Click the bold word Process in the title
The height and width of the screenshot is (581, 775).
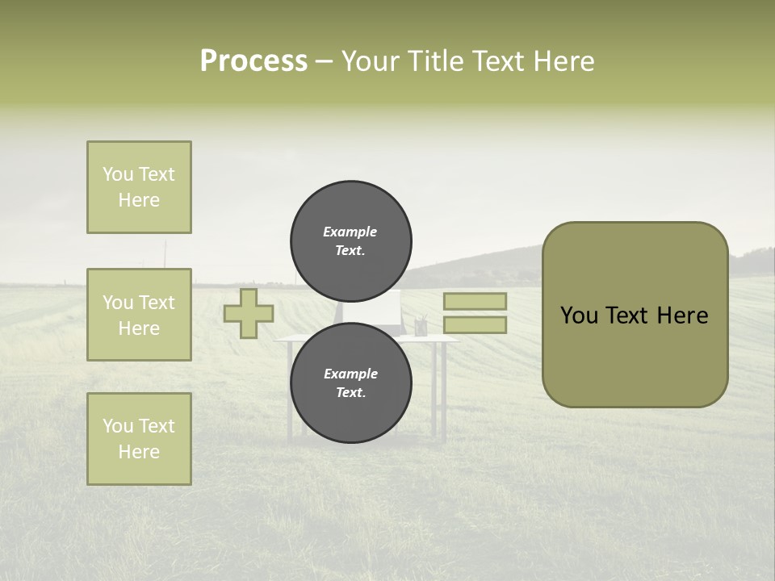(253, 61)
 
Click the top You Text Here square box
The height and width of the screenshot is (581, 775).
(139, 187)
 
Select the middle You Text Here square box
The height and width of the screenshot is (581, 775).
(139, 315)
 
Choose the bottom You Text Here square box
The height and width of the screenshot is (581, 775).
(139, 438)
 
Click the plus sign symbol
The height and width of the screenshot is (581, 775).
(249, 313)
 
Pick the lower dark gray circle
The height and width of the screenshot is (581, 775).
(351, 382)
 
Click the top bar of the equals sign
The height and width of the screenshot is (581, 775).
(475, 301)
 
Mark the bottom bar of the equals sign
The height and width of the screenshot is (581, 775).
(475, 324)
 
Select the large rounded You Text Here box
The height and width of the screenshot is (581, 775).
(635, 315)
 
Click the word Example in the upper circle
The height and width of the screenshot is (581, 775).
(350, 232)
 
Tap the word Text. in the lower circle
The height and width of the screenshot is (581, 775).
(350, 393)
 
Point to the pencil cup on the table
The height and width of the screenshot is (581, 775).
(421, 327)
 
